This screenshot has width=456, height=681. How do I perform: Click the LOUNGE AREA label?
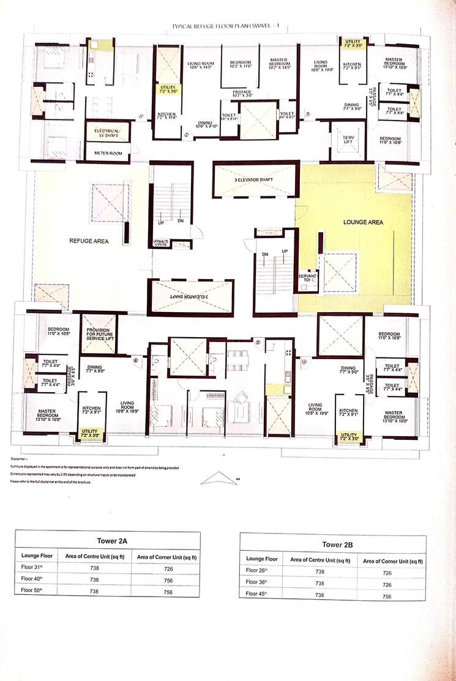coord(363,222)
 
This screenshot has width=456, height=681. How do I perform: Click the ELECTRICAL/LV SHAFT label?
coord(107,133)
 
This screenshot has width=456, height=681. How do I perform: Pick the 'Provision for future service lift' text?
coord(98,333)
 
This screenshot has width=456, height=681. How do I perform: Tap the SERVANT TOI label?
coord(307,280)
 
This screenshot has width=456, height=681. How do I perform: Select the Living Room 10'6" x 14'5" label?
coord(203,65)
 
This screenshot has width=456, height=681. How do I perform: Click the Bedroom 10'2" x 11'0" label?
coord(240,65)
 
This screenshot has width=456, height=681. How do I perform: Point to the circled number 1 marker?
coord(141,116)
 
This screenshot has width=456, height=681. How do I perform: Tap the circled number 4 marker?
coord(304,361)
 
